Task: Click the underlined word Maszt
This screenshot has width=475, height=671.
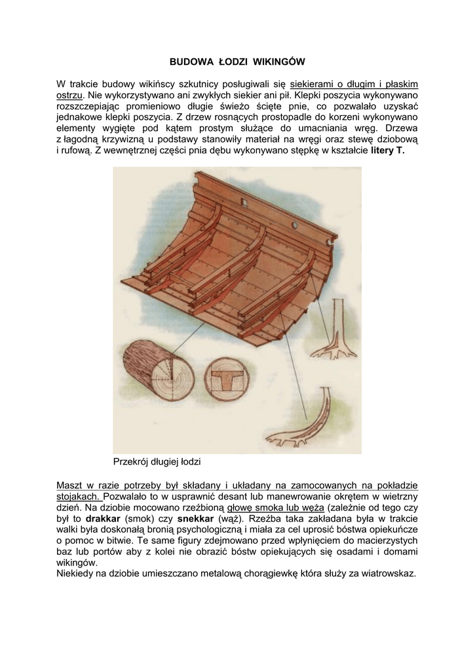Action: click(x=71, y=485)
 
